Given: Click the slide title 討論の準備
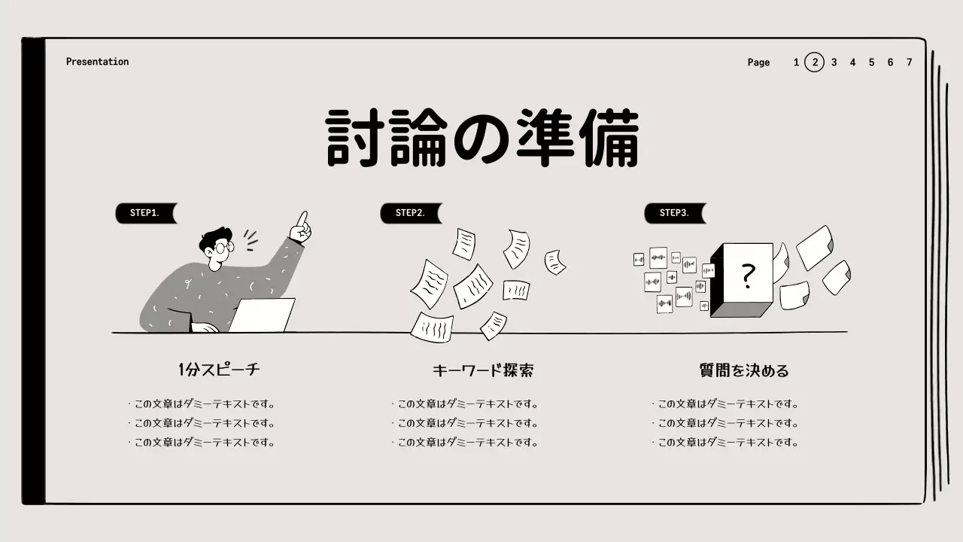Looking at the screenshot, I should tap(482, 139).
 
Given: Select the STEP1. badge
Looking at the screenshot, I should tap(145, 213).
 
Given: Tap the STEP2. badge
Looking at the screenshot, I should tap(410, 213).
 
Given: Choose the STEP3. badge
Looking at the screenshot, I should tap(674, 213).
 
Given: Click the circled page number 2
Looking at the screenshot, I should tap(814, 62).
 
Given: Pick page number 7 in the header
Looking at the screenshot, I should tap(909, 62).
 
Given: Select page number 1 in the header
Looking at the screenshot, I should tap(796, 62).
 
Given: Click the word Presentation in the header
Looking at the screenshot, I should tap(97, 62).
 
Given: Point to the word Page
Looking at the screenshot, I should tap(758, 62).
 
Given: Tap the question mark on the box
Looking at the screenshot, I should tap(747, 276).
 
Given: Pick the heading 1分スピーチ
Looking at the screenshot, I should tap(220, 370).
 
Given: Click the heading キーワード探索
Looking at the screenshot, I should tap(482, 370).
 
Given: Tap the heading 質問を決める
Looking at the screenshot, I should tap(743, 370).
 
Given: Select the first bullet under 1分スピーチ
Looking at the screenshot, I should tap(202, 403).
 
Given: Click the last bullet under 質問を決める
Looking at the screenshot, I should tap(725, 443).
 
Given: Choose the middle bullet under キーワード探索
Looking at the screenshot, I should tap(465, 423).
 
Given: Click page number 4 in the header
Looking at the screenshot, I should tap(852, 62).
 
